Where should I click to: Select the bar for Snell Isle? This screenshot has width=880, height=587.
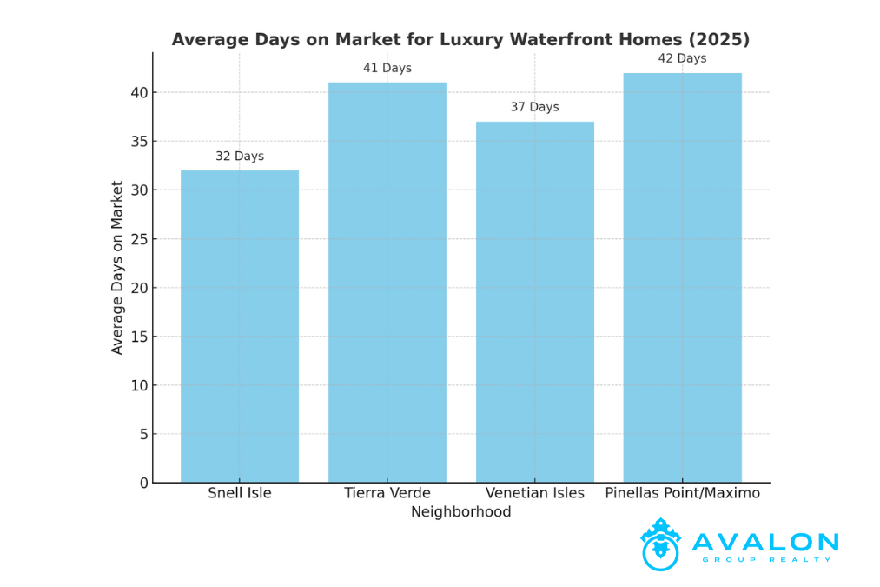[x=240, y=326]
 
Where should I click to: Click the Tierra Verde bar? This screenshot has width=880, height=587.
[x=387, y=283]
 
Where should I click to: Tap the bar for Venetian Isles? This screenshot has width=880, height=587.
[x=535, y=302]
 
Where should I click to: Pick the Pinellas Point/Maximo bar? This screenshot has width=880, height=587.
[x=682, y=277]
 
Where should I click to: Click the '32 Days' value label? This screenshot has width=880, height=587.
[x=240, y=157]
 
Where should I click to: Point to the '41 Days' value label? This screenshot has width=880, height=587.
[x=387, y=68]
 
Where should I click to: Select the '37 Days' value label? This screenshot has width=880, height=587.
[x=535, y=107]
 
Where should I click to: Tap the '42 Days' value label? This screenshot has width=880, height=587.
[x=682, y=58]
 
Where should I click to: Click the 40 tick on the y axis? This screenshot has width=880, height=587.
[x=140, y=93]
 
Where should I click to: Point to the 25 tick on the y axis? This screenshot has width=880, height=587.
[x=140, y=239]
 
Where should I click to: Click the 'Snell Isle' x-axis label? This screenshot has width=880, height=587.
[x=240, y=493]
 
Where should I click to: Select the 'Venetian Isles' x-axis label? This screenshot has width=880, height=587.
[x=535, y=493]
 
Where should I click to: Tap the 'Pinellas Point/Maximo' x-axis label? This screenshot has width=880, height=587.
[x=682, y=493]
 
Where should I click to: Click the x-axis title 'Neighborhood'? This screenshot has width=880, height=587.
[x=460, y=512]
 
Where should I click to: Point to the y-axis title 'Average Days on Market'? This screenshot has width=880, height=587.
[x=117, y=267]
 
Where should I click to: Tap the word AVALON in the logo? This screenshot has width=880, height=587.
[x=765, y=543]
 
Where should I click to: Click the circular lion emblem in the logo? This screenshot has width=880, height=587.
[x=660, y=545]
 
